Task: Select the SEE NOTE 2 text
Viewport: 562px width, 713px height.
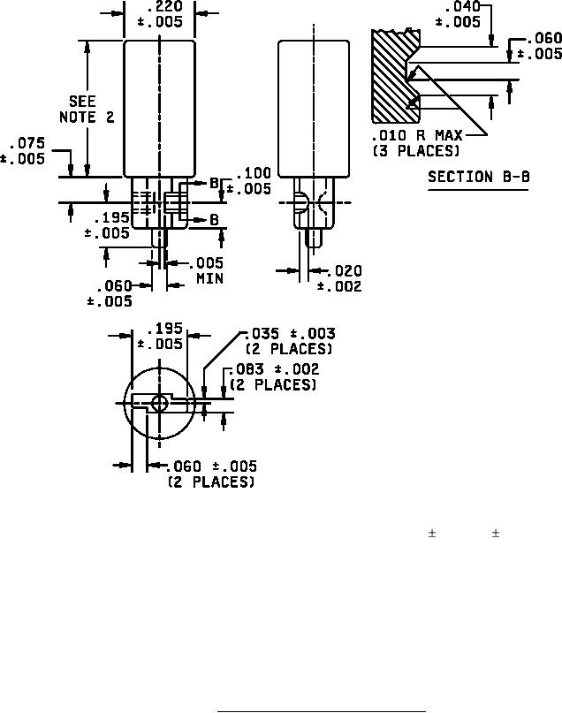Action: pos(87,110)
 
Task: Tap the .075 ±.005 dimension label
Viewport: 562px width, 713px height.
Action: pos(23,151)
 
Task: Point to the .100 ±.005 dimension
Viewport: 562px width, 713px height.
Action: pos(248,180)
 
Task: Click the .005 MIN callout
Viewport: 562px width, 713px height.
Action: pos(209,270)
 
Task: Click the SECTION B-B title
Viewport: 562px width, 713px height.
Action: pos(479,177)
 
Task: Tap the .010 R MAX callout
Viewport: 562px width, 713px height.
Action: pos(417,135)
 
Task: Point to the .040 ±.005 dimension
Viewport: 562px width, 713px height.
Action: pos(458,14)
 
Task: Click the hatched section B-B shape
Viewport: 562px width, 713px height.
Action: pos(391,76)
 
